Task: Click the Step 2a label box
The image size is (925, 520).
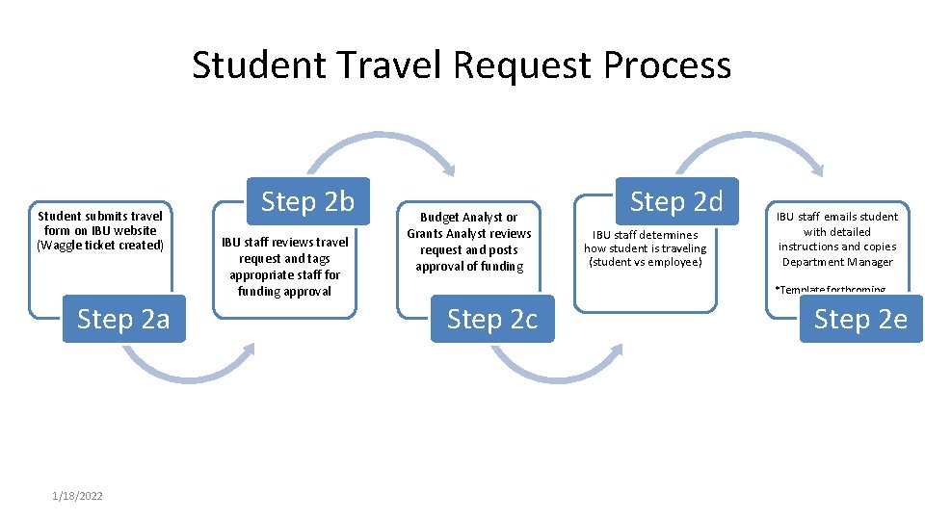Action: [x=122, y=319]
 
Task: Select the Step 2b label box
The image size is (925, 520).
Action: [x=307, y=202]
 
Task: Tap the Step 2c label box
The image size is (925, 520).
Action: [x=492, y=319]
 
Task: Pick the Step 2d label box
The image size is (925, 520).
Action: [x=675, y=202]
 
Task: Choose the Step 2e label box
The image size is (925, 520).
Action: [x=860, y=319]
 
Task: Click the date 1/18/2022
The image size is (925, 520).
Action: [x=78, y=495]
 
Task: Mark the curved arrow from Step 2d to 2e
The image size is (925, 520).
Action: [x=752, y=149]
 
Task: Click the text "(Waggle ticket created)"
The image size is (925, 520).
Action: [x=100, y=246]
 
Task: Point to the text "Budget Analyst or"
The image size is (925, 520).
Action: [x=468, y=218]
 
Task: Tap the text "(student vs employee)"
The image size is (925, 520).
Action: [x=646, y=262]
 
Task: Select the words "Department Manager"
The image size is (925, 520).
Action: [x=837, y=262]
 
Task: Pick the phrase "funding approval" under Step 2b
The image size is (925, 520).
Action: [x=284, y=291]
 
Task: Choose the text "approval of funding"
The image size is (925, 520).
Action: [x=469, y=267]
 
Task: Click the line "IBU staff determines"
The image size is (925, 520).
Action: [x=645, y=234]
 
